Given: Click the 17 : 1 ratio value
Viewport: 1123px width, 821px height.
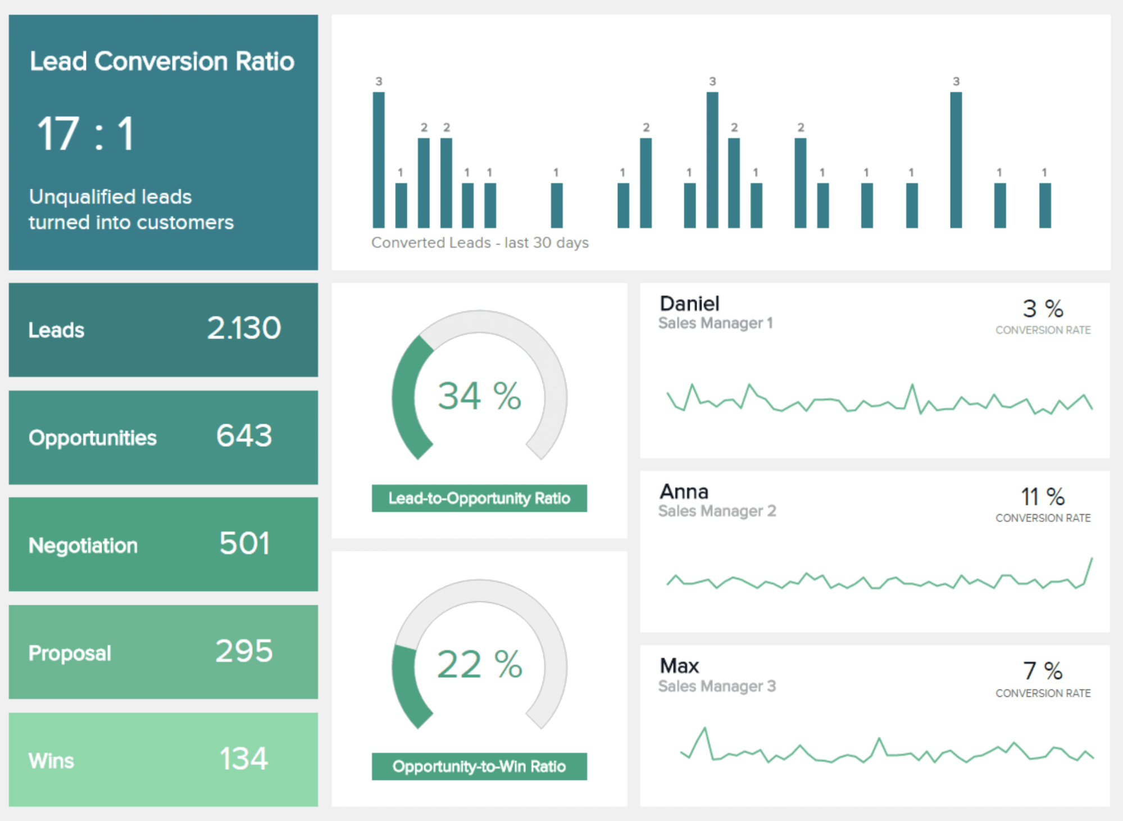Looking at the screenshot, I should (x=85, y=134).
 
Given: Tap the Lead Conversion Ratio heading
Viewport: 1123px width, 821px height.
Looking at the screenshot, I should (x=162, y=61).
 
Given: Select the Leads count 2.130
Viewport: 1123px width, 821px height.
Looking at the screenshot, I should (x=243, y=328).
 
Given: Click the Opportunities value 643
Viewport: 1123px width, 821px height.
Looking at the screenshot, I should (x=244, y=436).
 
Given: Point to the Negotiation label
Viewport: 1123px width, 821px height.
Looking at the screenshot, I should (x=83, y=546).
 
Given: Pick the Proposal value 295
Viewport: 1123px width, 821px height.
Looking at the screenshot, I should (x=244, y=651).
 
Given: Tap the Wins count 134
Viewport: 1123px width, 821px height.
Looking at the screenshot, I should (x=243, y=759).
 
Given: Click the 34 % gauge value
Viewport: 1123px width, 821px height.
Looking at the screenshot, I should (x=479, y=396).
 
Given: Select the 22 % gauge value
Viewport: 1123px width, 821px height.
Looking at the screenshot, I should (x=479, y=664).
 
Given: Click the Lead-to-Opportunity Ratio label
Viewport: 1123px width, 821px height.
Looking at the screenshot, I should (x=479, y=498).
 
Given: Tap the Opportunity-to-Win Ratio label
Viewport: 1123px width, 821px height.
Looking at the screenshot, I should (x=479, y=766).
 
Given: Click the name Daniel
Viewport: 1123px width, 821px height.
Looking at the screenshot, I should (x=689, y=304).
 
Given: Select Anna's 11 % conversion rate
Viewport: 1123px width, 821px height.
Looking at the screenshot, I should (x=1042, y=497).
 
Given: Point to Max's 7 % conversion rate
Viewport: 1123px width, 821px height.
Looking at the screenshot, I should (x=1042, y=671).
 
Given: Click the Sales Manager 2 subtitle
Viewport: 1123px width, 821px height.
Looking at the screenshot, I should (x=717, y=511).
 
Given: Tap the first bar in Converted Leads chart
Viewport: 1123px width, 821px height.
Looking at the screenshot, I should (x=379, y=160).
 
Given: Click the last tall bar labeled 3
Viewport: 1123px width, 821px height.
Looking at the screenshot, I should (x=956, y=160).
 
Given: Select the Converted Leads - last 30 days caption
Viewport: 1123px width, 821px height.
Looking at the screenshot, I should (x=480, y=243).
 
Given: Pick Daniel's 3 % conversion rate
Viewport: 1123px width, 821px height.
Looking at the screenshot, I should (x=1042, y=309).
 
